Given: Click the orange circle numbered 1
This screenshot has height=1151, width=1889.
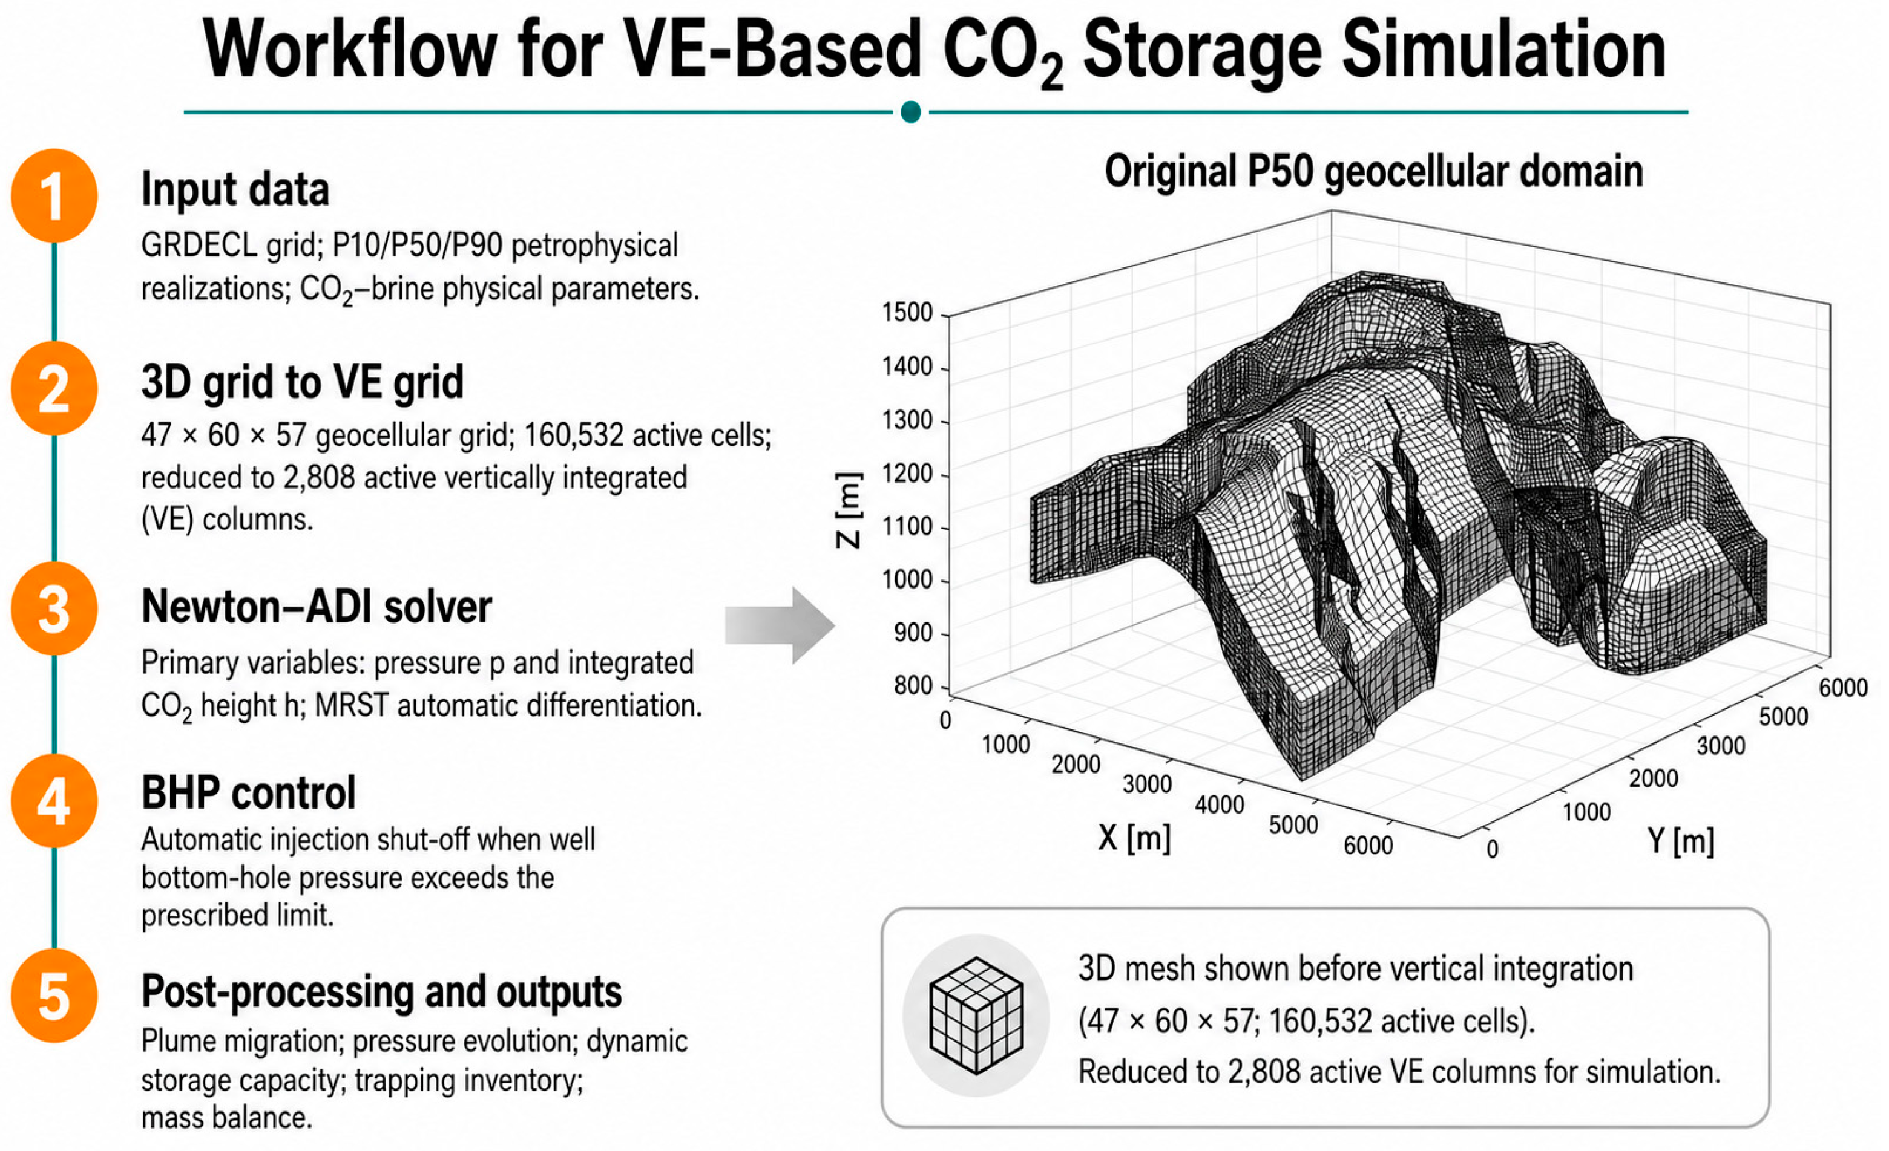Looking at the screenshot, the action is pyautogui.click(x=54, y=195).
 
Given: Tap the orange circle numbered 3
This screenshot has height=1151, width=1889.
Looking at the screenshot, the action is pyautogui.click(x=54, y=608).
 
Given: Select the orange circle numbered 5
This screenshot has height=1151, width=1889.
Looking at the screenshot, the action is pyautogui.click(x=54, y=996).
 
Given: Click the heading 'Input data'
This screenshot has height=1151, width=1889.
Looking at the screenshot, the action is pyautogui.click(x=235, y=189).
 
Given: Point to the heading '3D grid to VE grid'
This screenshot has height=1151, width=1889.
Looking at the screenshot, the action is pyautogui.click(x=303, y=382).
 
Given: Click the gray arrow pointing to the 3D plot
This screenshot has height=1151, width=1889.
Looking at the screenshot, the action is pyautogui.click(x=780, y=625).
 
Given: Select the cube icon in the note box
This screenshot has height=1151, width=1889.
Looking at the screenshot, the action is pyautogui.click(x=976, y=1016).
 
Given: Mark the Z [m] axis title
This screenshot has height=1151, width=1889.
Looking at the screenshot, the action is pyautogui.click(x=849, y=510).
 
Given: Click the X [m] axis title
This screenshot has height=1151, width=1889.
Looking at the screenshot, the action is pyautogui.click(x=1135, y=838).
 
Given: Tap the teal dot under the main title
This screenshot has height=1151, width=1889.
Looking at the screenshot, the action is pyautogui.click(x=911, y=112).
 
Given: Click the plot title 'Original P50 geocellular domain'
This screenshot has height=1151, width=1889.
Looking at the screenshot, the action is pyautogui.click(x=1374, y=171).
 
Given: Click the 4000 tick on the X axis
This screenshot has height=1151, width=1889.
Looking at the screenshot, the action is pyautogui.click(x=1219, y=804).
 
